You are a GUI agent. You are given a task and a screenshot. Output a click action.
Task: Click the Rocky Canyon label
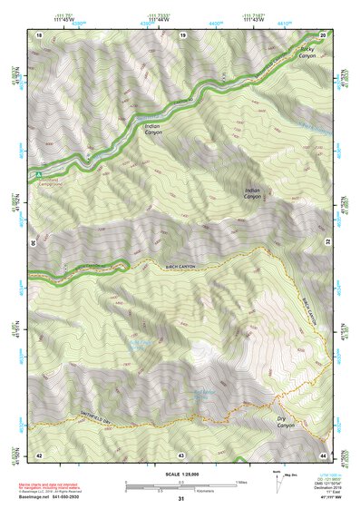308,52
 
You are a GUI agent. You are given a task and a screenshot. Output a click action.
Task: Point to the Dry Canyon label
286,422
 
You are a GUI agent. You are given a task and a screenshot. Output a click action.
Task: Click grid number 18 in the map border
39,34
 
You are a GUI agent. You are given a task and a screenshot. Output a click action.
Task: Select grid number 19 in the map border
182,34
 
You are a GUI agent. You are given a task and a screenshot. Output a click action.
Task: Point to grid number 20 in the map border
324,34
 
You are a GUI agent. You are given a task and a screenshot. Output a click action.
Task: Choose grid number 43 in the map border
181,454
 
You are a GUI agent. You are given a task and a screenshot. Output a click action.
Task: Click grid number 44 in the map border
324,454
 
